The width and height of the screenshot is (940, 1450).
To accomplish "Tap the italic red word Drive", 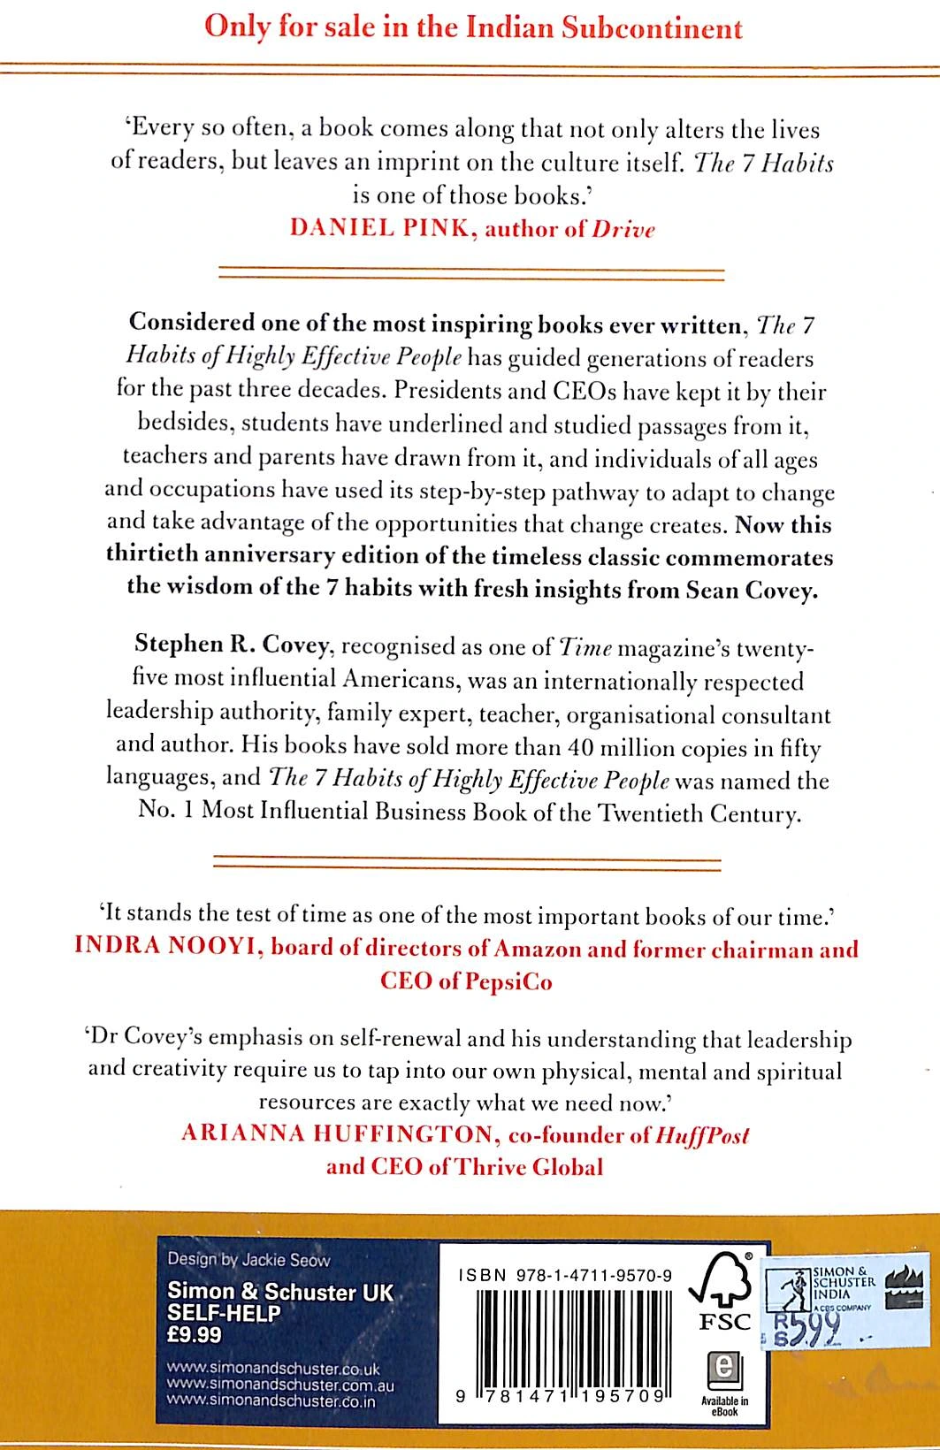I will [623, 230].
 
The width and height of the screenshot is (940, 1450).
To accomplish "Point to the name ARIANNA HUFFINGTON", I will [336, 1134].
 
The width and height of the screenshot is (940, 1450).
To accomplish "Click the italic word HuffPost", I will [702, 1134].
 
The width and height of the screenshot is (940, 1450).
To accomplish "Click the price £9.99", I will [195, 1335].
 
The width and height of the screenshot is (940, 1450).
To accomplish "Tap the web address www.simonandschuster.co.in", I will [271, 1401].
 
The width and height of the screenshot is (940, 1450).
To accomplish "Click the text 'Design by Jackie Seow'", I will [248, 1260].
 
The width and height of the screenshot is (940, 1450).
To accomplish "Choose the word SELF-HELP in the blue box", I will [224, 1314].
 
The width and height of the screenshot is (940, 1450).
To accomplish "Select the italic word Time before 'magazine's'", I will [586, 647].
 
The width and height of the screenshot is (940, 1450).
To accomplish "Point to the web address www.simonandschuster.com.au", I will [280, 1385].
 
